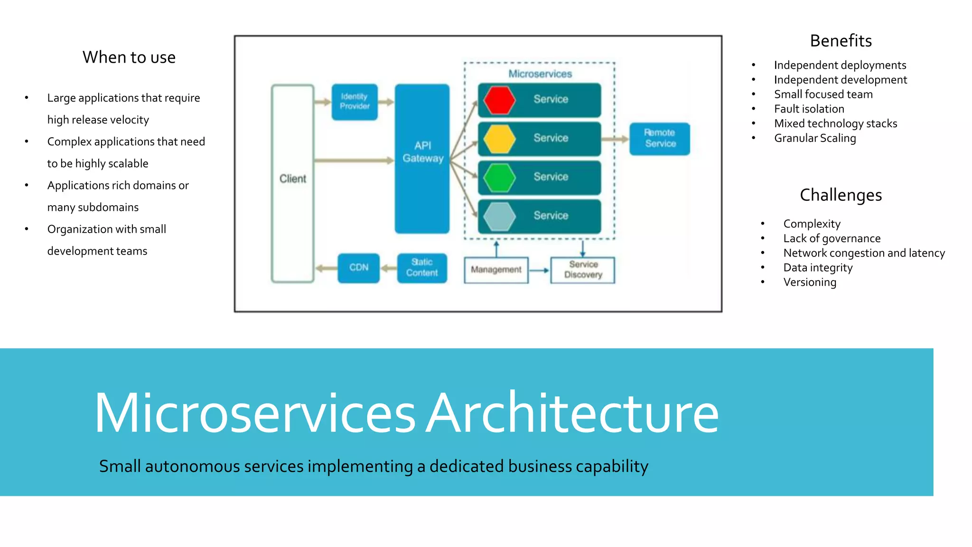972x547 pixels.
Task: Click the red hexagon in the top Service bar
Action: [x=499, y=100]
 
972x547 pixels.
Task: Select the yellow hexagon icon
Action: [x=499, y=139]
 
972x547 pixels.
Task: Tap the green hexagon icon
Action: [x=499, y=178]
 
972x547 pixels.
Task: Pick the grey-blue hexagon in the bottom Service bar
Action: [x=499, y=216]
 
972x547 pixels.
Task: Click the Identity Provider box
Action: [x=355, y=102]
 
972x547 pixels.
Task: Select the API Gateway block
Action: [x=422, y=158]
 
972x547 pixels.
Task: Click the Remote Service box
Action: [x=660, y=139]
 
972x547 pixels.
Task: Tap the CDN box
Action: [x=358, y=268]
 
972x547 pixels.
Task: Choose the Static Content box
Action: [x=422, y=268]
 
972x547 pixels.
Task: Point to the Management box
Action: [x=496, y=270]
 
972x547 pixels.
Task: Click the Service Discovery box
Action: [x=583, y=270]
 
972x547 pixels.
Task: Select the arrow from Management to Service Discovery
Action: [x=539, y=270]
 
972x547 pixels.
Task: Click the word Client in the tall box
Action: [x=293, y=179]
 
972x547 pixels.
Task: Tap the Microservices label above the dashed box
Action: [x=540, y=74]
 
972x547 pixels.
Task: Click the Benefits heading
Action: [x=841, y=41]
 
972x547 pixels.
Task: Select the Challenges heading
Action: [x=841, y=195]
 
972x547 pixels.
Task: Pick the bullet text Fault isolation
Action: [x=809, y=109]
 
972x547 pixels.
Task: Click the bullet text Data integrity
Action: [x=818, y=268]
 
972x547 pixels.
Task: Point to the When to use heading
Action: [x=129, y=57]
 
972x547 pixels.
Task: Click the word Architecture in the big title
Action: [x=572, y=413]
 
